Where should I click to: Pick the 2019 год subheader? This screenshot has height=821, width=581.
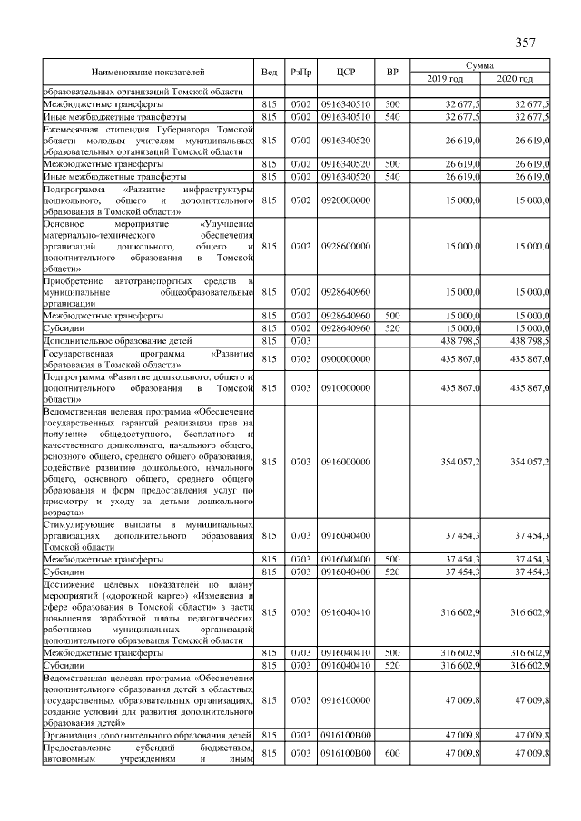pyautogui.click(x=445, y=79)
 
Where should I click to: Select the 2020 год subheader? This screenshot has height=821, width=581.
pyautogui.click(x=515, y=79)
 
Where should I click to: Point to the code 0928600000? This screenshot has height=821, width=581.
pyautogui.click(x=345, y=245)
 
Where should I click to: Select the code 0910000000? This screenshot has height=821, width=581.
pyautogui.click(x=345, y=387)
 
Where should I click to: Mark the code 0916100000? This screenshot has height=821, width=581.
pyautogui.click(x=345, y=700)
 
